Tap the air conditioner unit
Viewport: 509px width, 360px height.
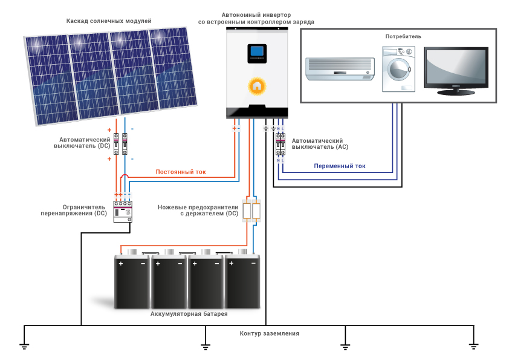pos(340,68)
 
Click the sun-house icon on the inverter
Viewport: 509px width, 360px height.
pos(257,85)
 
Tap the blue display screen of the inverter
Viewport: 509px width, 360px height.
pos(257,53)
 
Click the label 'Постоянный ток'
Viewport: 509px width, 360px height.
pos(181,172)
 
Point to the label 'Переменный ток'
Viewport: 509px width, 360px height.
pos(339,166)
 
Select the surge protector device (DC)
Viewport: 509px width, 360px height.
pos(123,209)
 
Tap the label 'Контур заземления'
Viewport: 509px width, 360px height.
pos(269,334)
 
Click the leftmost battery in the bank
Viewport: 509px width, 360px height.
pos(132,282)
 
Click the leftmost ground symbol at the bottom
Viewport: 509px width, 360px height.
pos(24,346)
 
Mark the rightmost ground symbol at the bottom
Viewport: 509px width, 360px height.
pos(473,346)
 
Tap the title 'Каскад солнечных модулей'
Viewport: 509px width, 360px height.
pos(109,21)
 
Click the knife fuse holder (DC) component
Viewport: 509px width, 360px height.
pos(251,211)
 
